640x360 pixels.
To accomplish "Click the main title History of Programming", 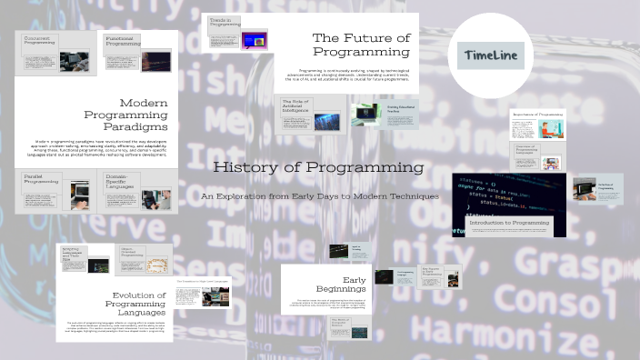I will [318, 168].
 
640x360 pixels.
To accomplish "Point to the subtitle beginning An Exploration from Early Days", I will [319, 196].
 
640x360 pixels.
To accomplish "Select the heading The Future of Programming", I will [360, 45].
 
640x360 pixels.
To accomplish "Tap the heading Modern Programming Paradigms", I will [136, 115].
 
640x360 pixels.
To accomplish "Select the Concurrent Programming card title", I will [39, 40].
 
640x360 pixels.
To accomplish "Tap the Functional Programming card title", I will [122, 41].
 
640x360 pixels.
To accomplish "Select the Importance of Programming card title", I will [537, 114].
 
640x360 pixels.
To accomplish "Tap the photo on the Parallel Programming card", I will [79, 195].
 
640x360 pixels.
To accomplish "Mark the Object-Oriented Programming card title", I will [133, 254].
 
